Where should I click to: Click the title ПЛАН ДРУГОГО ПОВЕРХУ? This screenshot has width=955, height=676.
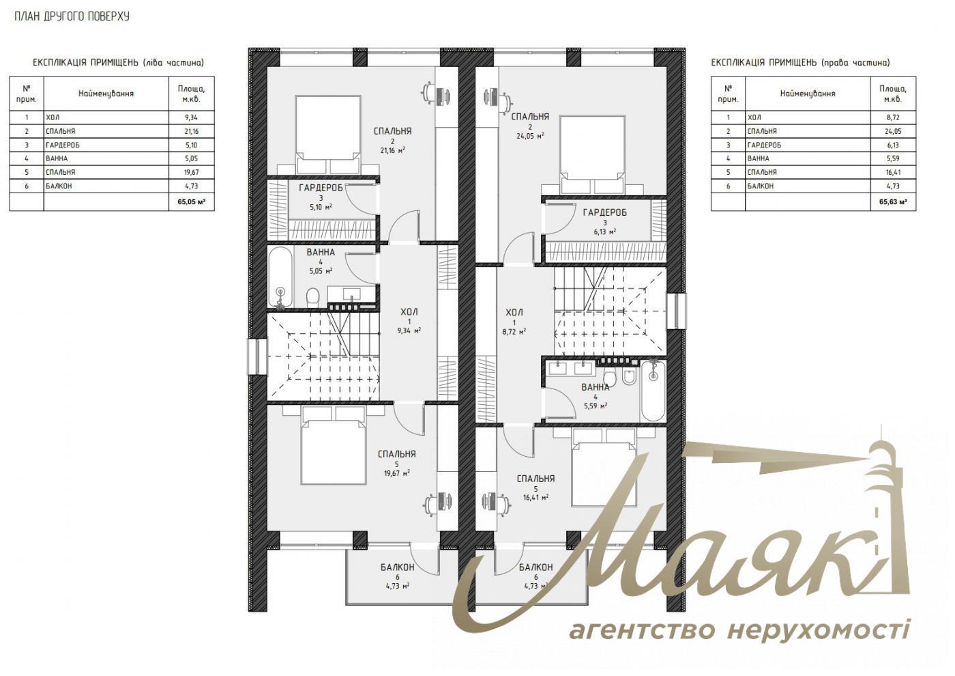point(72,16)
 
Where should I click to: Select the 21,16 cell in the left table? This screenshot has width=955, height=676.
point(191,131)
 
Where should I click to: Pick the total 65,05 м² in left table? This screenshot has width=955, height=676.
point(191,202)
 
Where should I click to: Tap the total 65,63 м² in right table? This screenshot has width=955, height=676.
point(893,202)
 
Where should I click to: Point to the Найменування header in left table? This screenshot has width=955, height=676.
point(106,94)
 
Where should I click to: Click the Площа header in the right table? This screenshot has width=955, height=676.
point(893,94)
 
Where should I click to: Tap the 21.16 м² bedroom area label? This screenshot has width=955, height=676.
point(392,150)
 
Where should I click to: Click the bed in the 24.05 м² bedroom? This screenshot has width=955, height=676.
point(593,154)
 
